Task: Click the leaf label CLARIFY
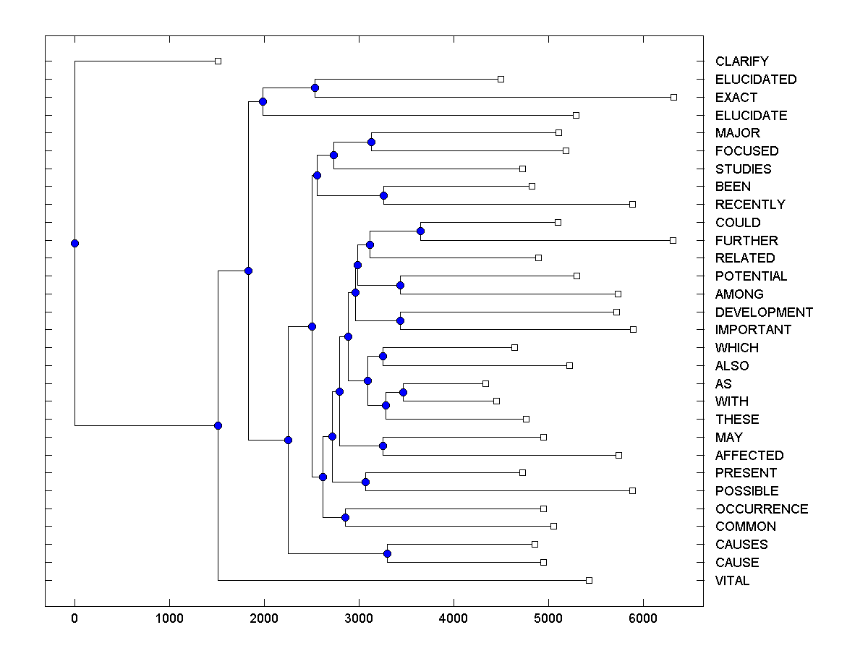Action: (741, 61)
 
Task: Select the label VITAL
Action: (732, 581)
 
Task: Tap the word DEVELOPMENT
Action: (764, 312)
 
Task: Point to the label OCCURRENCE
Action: (762, 509)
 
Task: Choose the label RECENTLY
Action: (750, 205)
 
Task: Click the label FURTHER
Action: (746, 240)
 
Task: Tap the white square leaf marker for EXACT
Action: (673, 97)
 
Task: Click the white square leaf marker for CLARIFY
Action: (218, 61)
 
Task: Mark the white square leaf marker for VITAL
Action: (589, 580)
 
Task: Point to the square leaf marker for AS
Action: (485, 383)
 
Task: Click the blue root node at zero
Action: (75, 244)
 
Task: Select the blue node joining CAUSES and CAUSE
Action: (387, 553)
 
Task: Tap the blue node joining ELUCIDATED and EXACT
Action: (315, 88)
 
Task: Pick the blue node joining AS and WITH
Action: (404, 392)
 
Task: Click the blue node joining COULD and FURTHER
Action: (420, 231)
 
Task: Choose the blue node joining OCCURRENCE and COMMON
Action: (345, 517)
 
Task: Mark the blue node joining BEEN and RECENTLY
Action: (383, 195)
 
